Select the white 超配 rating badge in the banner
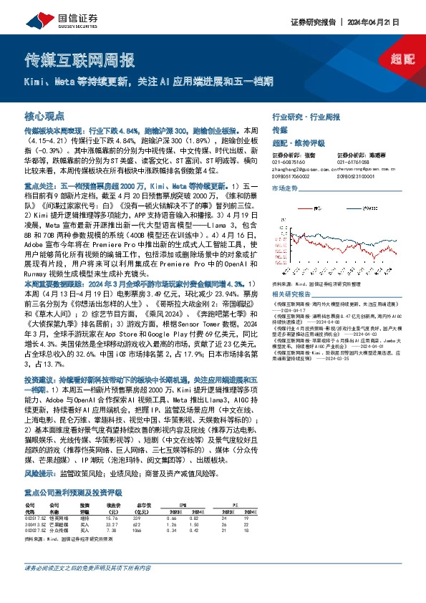tap(401, 61)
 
